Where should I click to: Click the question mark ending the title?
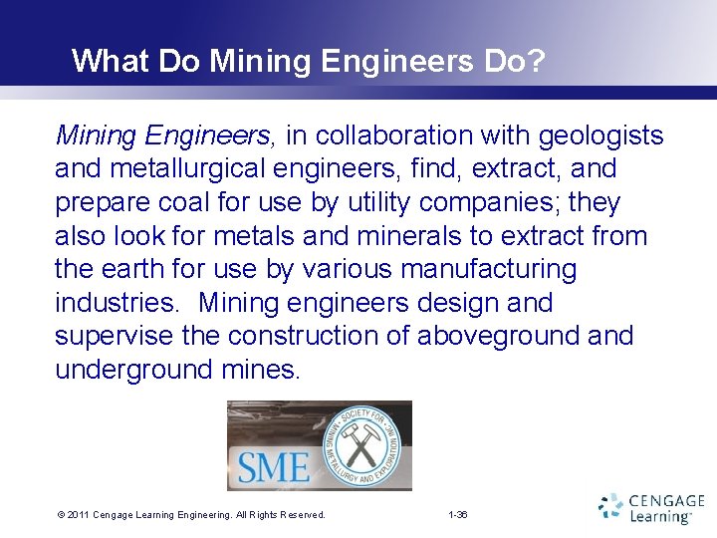point(536,61)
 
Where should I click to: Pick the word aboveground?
point(499,336)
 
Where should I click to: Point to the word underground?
point(130,370)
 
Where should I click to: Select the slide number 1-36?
point(458,515)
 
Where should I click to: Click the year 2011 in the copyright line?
point(78,515)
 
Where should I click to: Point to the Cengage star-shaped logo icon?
point(610,507)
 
